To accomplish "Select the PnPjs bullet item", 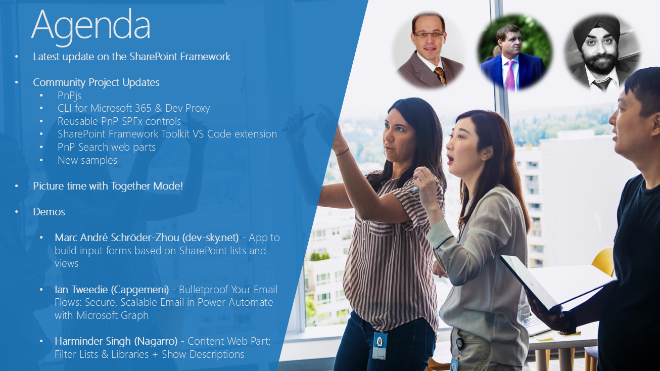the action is [69, 96].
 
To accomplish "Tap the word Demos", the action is [49, 212].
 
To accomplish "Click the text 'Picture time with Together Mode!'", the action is [108, 186].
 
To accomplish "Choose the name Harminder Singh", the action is [93, 341].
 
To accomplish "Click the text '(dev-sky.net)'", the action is [210, 238].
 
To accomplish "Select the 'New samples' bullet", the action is [87, 160].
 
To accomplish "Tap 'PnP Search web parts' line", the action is [106, 147].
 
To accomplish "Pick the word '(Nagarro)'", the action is [156, 341].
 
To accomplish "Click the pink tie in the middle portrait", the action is [510, 74].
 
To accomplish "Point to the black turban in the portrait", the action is [597, 29].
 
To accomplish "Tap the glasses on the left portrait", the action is [429, 34].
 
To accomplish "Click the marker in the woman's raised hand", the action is [414, 190].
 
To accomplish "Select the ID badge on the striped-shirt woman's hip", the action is [380, 346].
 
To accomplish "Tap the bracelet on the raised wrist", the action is [342, 152].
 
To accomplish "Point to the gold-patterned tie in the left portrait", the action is [440, 75].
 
